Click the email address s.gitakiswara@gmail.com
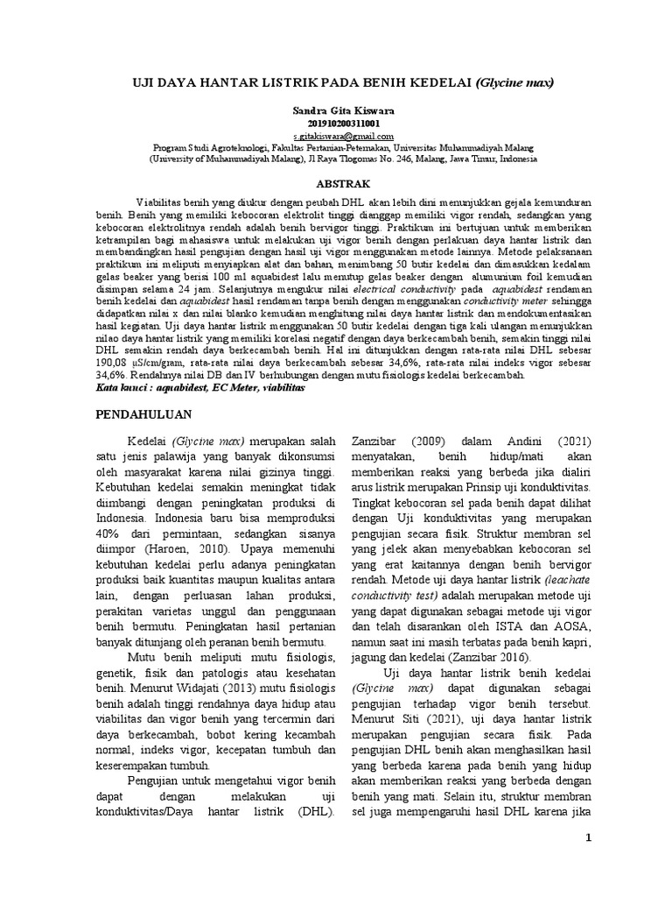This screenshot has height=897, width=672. [x=336, y=138]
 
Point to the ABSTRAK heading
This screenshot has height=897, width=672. [x=336, y=183]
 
